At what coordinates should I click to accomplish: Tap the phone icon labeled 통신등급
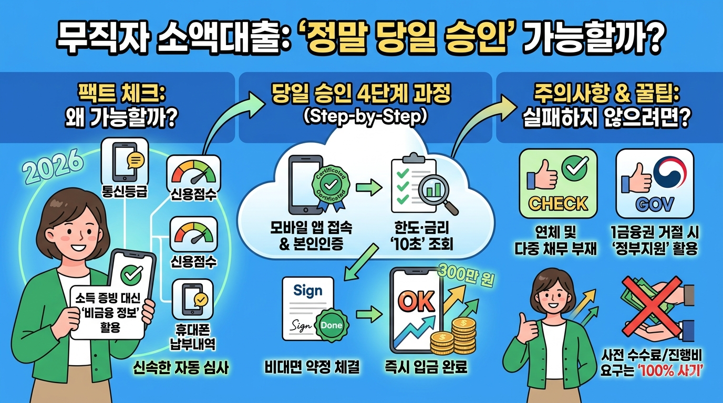[x=125, y=162]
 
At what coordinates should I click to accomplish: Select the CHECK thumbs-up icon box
[x=558, y=183]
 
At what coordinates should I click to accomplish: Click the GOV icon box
[x=655, y=183]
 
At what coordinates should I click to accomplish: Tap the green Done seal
[x=332, y=325]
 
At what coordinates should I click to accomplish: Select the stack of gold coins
[x=453, y=336]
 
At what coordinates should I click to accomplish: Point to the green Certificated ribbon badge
[x=330, y=187]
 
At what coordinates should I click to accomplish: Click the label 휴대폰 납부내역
[x=192, y=337]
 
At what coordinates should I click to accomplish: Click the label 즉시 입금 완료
[x=426, y=367]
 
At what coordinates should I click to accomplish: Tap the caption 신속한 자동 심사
[x=181, y=367]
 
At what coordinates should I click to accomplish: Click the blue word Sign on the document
[x=307, y=291]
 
